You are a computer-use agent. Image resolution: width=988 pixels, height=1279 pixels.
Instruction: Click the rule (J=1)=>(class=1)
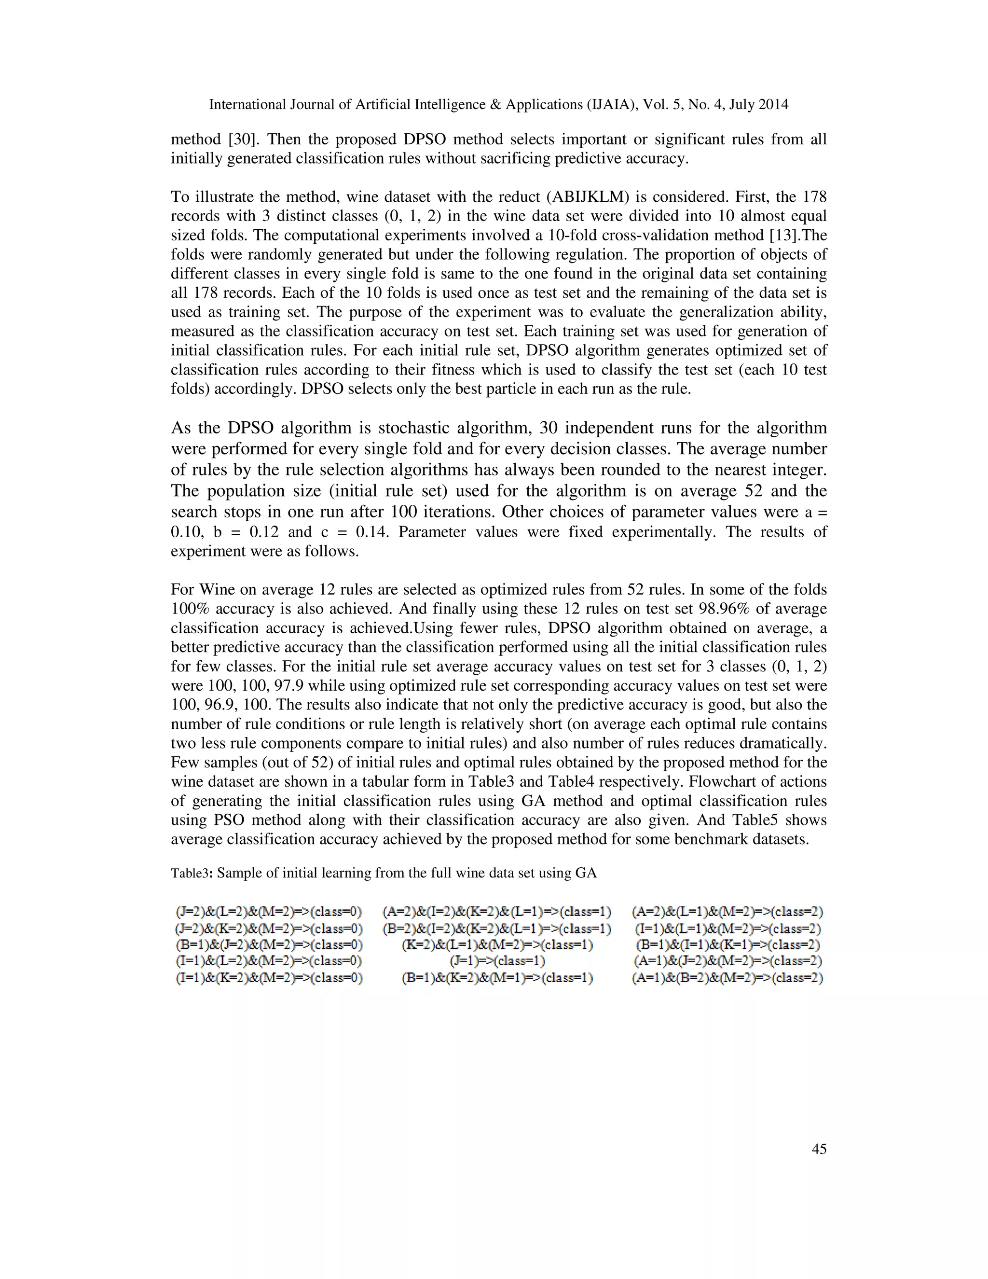click(497, 961)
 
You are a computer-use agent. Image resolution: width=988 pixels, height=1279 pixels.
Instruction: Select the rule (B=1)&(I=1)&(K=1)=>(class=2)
click(728, 945)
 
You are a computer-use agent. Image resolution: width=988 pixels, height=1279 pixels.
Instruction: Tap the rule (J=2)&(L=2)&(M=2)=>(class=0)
click(269, 912)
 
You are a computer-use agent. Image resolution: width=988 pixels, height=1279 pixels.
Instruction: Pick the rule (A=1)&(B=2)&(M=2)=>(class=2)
click(728, 978)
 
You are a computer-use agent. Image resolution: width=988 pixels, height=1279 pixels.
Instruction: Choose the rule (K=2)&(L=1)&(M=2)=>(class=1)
click(497, 945)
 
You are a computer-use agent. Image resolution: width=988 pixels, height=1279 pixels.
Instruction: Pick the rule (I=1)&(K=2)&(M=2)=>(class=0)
click(269, 978)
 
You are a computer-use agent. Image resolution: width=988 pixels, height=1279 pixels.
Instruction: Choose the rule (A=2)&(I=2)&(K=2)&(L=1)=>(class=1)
click(497, 912)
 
